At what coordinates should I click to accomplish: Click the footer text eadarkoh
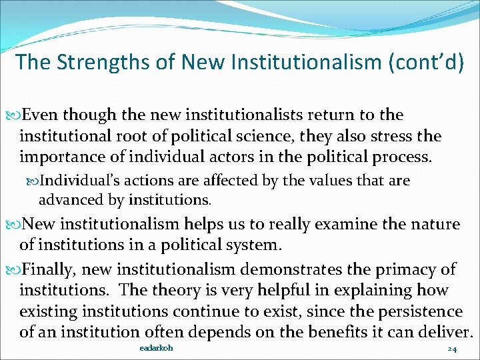157,349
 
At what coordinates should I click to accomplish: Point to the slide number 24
452,349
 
